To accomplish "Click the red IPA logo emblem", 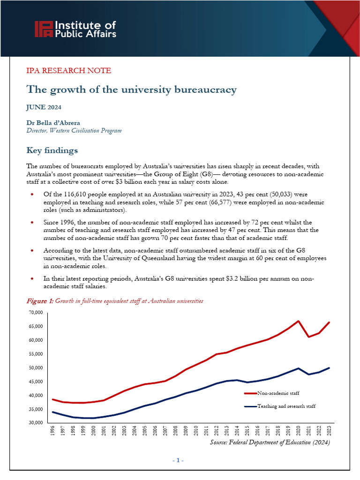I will pyautogui.click(x=44, y=29).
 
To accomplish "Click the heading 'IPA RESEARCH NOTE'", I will pyautogui.click(x=68, y=71).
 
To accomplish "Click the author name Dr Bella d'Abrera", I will pyautogui.click(x=53, y=123).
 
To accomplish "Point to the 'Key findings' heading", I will pyautogui.click(x=52, y=150).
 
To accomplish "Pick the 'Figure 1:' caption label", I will pyautogui.click(x=40, y=300).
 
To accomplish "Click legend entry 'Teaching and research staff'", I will pyautogui.click(x=286, y=406).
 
